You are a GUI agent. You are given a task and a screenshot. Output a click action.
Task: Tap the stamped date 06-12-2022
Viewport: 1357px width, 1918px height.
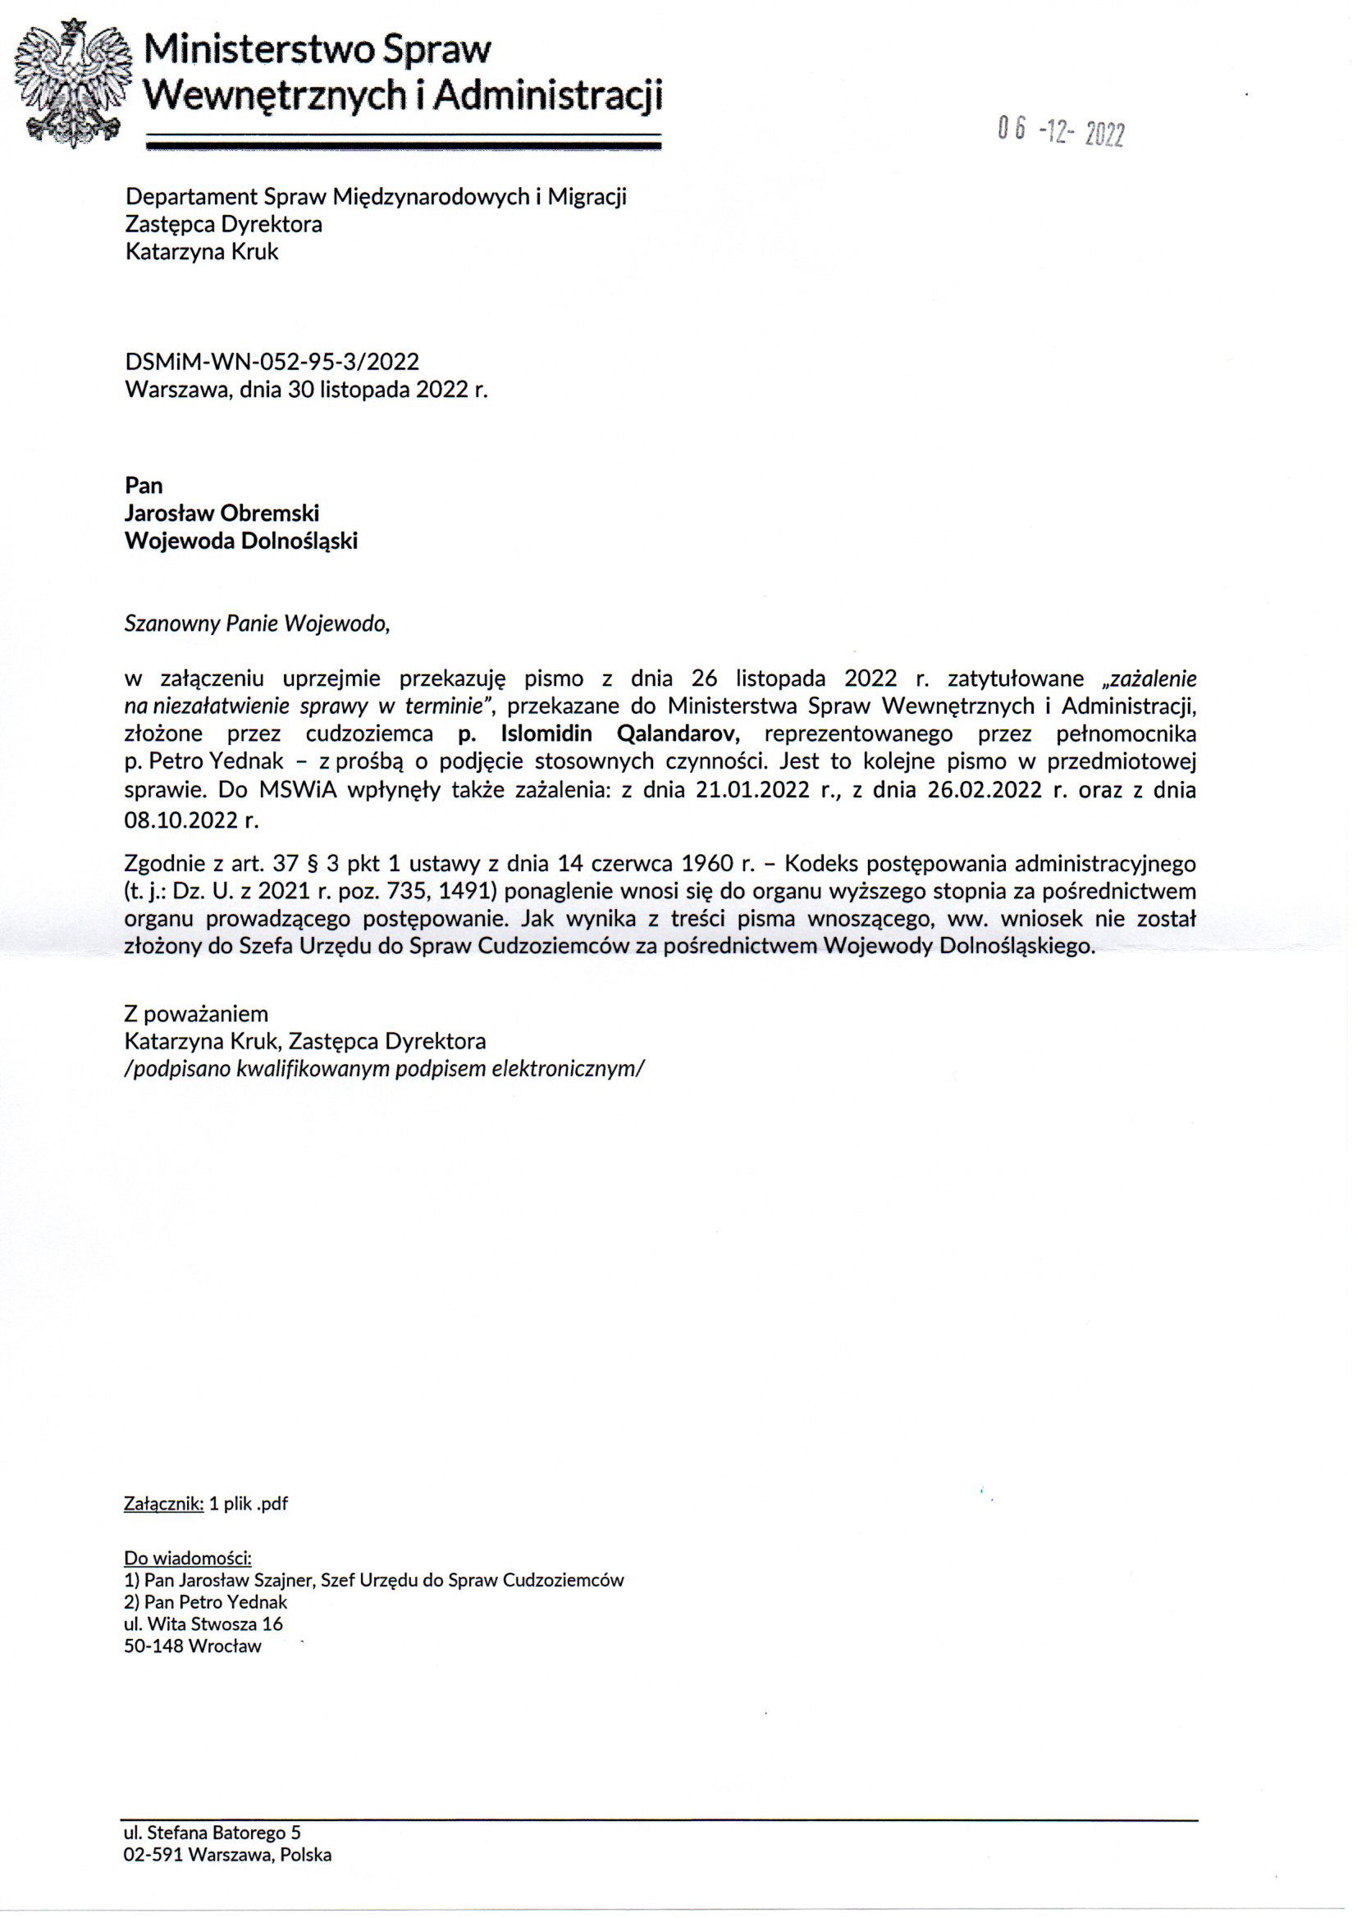point(1060,131)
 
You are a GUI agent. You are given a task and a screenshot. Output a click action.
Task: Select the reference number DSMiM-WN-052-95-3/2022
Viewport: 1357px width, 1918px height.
point(272,361)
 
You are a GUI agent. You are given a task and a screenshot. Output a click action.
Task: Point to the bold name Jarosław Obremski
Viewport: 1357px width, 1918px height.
point(222,513)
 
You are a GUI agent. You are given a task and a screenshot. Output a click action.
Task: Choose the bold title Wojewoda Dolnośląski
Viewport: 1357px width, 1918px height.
point(240,541)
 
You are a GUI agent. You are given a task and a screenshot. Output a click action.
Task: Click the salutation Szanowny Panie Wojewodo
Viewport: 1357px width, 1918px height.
point(257,624)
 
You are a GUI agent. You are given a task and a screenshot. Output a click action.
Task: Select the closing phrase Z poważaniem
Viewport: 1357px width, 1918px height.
point(195,1014)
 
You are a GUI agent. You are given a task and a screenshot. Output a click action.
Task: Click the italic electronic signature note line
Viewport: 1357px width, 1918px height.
point(383,1069)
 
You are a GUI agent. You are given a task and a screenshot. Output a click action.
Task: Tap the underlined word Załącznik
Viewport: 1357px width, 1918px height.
point(163,1504)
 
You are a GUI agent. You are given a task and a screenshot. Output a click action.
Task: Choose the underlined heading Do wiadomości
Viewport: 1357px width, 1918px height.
point(187,1558)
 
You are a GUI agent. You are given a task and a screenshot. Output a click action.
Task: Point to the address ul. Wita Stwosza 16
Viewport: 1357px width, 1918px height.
point(203,1624)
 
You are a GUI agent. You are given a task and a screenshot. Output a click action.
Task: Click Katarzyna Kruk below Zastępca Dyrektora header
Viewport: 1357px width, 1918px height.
point(201,252)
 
